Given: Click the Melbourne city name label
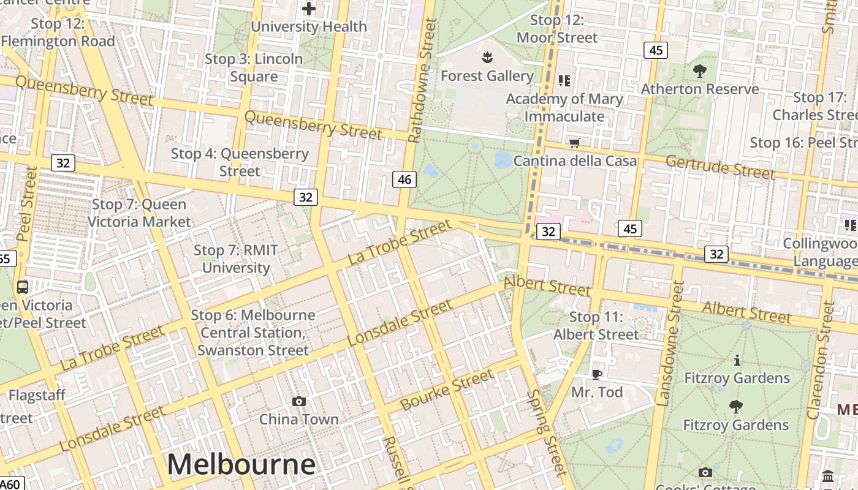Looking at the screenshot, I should [241, 464].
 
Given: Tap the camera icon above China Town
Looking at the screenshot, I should [299, 402].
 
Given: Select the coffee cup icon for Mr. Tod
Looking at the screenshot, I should [597, 374].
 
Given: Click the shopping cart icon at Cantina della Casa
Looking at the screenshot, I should [574, 143].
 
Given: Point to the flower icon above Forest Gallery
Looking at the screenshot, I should [487, 58].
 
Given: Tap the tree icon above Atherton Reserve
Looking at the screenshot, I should [699, 71].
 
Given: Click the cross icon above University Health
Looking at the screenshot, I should [309, 9].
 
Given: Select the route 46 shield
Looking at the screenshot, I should [404, 179].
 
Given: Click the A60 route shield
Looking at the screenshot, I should [11, 484].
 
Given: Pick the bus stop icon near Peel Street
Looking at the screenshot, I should [23, 287].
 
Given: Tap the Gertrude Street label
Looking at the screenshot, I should [720, 167].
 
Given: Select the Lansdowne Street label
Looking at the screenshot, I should [670, 343].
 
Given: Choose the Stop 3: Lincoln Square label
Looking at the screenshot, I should [254, 68].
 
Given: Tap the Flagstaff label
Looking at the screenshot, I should [37, 396].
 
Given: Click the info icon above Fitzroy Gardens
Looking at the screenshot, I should [737, 360].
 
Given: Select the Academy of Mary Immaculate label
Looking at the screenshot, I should [564, 107].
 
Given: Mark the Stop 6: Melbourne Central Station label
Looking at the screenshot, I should [253, 333].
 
